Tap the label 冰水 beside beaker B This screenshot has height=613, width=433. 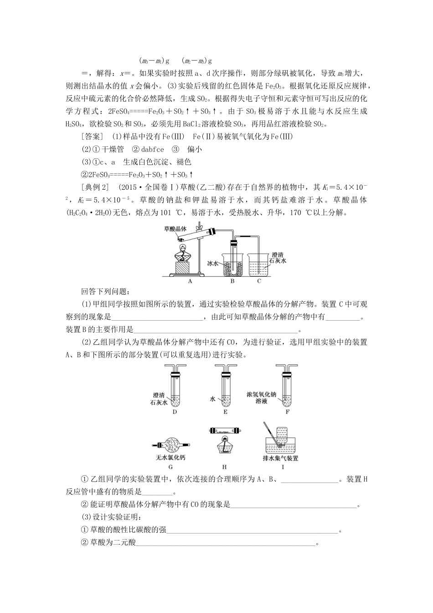tap(213, 263)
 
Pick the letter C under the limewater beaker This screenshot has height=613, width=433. tap(259, 281)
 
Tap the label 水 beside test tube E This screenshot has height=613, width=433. tap(212, 399)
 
